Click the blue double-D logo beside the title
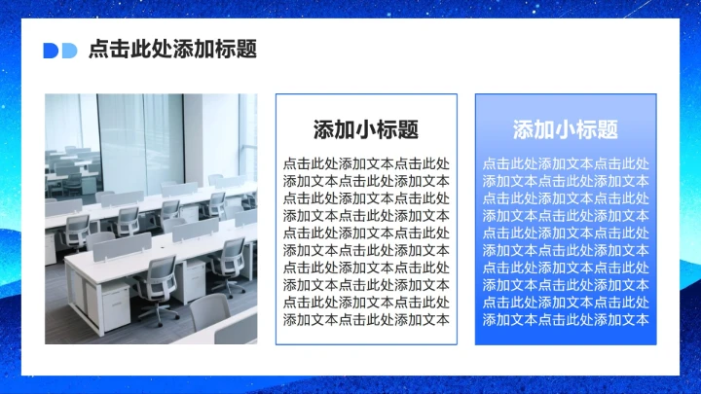(x=60, y=51)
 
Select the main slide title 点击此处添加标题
(x=172, y=50)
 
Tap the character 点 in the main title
(x=98, y=50)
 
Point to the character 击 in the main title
(x=120, y=50)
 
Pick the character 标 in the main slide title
(x=226, y=50)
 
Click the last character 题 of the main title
(x=247, y=50)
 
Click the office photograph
(x=151, y=219)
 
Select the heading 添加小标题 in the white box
(x=366, y=130)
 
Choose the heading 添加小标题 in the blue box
(x=566, y=130)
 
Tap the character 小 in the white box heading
(x=366, y=130)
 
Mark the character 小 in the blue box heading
(x=566, y=130)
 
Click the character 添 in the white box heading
(x=324, y=130)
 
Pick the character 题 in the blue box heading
(x=608, y=130)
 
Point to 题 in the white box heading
(x=408, y=130)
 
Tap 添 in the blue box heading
(x=524, y=130)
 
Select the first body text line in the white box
(x=366, y=163)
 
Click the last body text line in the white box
(x=366, y=319)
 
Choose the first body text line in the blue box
(x=566, y=163)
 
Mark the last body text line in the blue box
(x=566, y=319)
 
